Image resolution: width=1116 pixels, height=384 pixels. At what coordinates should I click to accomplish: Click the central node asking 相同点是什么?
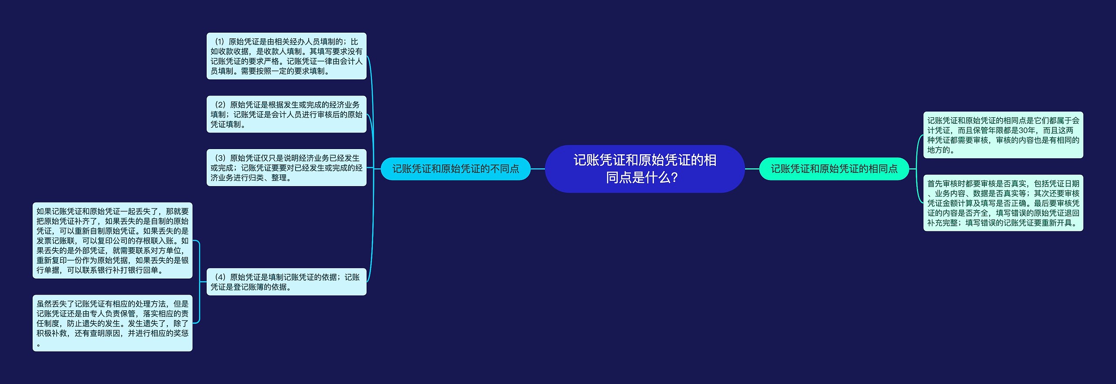tap(644, 169)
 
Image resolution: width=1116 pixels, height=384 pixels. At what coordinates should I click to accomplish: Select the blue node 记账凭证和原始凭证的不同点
tap(456, 169)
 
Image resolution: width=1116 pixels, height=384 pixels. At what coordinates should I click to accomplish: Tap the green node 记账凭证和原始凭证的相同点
tap(834, 169)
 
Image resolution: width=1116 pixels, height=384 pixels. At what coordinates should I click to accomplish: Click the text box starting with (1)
tap(286, 56)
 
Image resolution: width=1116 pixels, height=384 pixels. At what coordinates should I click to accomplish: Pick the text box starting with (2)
tap(286, 114)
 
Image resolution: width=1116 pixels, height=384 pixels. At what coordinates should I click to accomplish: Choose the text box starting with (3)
tap(286, 168)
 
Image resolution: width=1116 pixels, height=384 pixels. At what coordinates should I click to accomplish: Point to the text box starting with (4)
tap(286, 282)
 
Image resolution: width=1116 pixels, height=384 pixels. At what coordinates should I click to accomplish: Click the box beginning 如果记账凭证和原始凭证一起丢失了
tap(112, 240)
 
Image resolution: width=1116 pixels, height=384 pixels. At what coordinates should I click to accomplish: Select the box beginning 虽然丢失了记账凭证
tap(112, 323)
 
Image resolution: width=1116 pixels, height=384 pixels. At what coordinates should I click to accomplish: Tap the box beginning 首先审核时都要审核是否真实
tap(1003, 203)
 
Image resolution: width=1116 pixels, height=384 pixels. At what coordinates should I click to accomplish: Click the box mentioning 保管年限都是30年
tap(1003, 135)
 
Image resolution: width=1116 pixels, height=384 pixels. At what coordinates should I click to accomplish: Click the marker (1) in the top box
tap(219, 42)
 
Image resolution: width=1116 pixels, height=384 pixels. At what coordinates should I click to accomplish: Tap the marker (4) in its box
tap(221, 277)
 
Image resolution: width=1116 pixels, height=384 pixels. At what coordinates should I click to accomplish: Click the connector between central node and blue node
tap(538, 169)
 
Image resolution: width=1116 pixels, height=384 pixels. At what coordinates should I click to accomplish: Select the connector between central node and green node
tap(752, 169)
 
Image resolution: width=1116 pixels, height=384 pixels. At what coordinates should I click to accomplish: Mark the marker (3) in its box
tap(221, 158)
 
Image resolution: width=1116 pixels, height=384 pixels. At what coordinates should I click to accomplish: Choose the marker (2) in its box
tap(221, 105)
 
